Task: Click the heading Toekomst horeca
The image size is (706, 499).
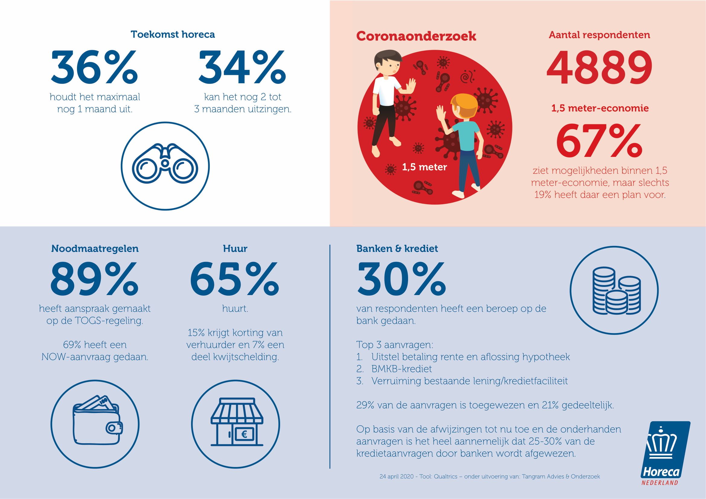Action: coord(173,34)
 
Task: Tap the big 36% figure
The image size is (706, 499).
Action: coord(94,67)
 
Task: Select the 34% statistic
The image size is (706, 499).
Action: coord(242,67)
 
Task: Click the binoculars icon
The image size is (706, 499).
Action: coord(165,164)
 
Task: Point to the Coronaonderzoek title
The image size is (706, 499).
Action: coord(416,36)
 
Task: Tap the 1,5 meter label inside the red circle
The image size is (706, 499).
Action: coord(424,167)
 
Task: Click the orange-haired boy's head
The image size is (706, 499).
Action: coord(464,106)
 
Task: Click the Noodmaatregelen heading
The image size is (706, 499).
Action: coord(95,249)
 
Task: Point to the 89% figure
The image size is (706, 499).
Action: coord(94,279)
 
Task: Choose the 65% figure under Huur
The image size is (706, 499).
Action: coord(235,279)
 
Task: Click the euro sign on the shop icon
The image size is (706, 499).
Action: coord(244,434)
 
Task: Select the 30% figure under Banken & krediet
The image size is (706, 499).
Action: coord(401,279)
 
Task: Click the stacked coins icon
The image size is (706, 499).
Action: coord(616,291)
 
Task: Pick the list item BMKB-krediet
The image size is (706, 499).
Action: coord(401,369)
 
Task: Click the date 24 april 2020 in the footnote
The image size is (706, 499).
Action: coord(396,477)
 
